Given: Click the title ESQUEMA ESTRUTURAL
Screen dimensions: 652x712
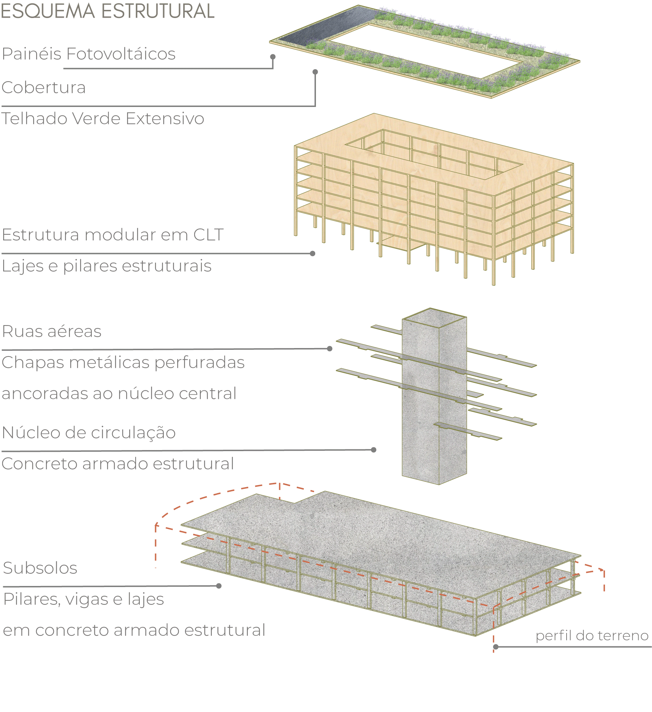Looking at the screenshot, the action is coord(108,11).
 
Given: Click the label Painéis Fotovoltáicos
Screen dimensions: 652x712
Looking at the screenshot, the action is coord(89,54).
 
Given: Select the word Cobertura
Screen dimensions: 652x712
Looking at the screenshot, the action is coord(44,87).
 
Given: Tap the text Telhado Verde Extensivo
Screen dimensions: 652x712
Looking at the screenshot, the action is coord(103,118).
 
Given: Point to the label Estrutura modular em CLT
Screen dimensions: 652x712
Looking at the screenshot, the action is coord(113,234).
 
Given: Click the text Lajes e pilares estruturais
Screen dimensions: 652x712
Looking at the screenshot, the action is coord(107,266).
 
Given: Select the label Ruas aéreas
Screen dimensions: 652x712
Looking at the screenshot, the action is coord(52,331).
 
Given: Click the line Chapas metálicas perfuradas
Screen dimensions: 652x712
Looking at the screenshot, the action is coord(123,363).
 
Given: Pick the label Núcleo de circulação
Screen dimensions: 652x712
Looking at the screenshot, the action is coord(89,433).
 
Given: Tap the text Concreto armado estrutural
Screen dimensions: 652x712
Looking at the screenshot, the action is coord(118,464).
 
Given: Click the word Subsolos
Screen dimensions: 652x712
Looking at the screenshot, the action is coord(40,568).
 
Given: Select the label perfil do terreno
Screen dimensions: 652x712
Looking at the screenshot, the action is coord(592,635).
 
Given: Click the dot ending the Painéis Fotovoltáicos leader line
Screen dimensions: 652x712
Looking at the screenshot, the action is coord(273,57).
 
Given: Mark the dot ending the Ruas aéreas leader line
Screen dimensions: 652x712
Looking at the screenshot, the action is coord(330,348).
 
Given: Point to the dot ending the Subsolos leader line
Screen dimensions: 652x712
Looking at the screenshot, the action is coord(219,586).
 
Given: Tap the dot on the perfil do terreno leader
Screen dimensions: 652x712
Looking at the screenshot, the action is coord(496,647).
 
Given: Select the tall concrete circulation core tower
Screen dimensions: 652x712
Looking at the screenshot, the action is coord(435,396).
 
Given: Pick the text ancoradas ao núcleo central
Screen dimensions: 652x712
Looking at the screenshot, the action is coord(119,394).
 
